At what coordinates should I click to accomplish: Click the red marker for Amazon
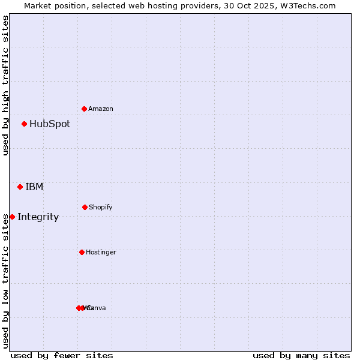pos(85,109)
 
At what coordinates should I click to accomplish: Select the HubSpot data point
pos(25,124)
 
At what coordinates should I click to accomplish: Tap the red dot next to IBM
pos(20,187)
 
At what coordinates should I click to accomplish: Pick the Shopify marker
pos(85,207)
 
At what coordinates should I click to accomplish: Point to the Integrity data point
pos(12,217)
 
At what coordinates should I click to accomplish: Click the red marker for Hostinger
pos(82,252)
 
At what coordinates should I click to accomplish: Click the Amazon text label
pos(101,109)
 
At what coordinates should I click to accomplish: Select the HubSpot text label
pos(50,124)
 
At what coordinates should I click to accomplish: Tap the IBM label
pos(34,187)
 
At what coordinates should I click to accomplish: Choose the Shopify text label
pos(101,207)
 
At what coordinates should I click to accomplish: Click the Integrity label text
pos(38,217)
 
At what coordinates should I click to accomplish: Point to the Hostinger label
pos(101,252)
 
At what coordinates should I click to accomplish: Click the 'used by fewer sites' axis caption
pos(62,355)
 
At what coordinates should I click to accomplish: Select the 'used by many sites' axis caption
pos(301,355)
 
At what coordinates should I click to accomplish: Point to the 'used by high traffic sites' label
pos(5,85)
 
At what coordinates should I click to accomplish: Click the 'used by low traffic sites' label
pos(5,281)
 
